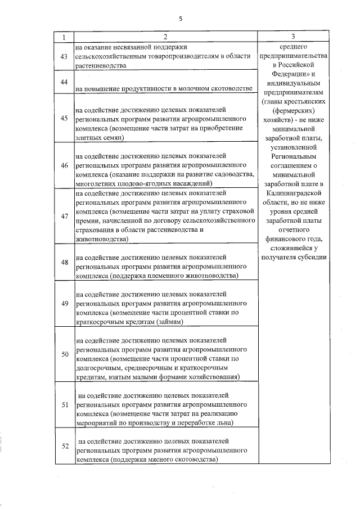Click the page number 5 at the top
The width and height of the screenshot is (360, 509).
(x=181, y=19)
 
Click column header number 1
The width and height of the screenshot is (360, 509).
(x=64, y=37)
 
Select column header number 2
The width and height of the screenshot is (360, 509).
(x=166, y=37)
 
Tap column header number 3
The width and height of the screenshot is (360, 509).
(x=292, y=37)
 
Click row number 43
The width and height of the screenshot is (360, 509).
(x=64, y=56)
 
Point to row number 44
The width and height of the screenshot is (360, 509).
(x=64, y=82)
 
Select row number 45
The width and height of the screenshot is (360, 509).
(x=64, y=118)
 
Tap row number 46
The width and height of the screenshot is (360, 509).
(x=64, y=165)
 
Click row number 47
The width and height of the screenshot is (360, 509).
(x=64, y=216)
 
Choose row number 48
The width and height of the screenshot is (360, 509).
(x=64, y=262)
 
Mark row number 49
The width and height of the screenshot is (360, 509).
(x=64, y=303)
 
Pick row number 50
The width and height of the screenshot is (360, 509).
(x=64, y=354)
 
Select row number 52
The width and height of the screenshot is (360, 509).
(x=64, y=446)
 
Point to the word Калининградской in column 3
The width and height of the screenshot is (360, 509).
(x=292, y=192)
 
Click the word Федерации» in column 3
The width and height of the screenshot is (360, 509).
(x=287, y=74)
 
